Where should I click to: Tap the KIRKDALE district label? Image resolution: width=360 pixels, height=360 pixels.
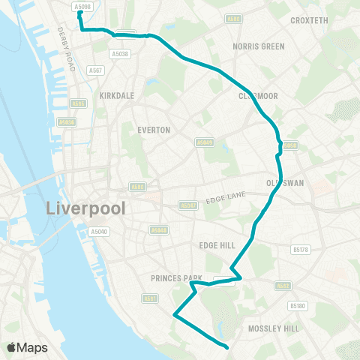(116, 97)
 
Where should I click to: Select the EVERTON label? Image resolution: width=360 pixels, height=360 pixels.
(154, 130)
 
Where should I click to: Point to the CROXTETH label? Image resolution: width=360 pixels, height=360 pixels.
(309, 20)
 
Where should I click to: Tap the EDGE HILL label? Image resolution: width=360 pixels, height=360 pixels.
(217, 245)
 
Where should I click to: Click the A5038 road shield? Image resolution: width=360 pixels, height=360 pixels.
(120, 53)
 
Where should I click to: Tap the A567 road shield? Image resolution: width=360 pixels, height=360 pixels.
(95, 70)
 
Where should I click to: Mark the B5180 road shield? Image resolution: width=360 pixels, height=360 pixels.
(298, 305)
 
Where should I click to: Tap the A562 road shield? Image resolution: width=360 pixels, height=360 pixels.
(283, 285)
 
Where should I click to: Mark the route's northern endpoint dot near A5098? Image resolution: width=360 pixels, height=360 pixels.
(80, 13)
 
